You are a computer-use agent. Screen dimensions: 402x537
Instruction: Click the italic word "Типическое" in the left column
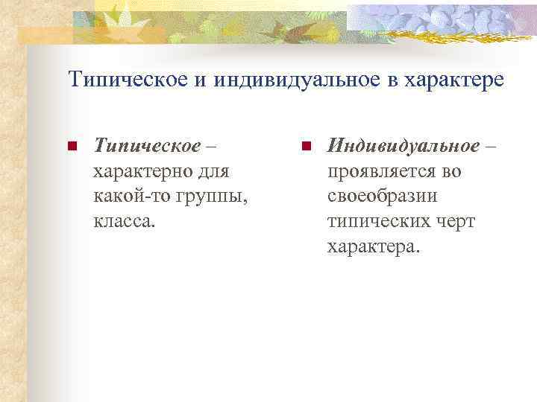(146, 145)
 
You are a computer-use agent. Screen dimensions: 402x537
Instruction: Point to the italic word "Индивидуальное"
(403, 145)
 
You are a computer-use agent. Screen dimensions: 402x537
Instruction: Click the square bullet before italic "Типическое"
(72, 146)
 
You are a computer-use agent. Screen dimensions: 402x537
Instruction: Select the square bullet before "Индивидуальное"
(306, 146)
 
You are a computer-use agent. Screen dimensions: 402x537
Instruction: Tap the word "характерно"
(139, 171)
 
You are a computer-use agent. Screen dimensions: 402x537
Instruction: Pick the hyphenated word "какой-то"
(123, 197)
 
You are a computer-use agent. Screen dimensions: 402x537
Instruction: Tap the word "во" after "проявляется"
(451, 171)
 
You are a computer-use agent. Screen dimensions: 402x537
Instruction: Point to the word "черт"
(453, 222)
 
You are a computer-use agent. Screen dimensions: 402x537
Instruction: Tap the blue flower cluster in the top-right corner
(447, 19)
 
